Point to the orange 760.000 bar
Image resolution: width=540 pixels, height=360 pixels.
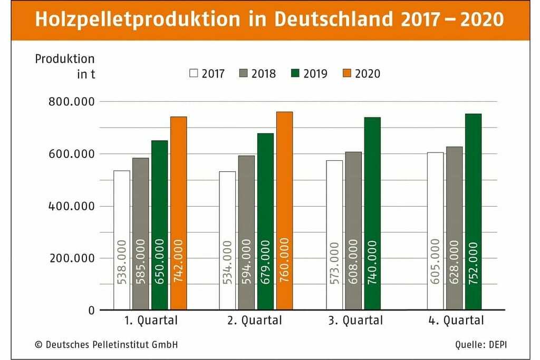(284, 211)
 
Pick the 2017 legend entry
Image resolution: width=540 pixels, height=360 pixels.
(207, 73)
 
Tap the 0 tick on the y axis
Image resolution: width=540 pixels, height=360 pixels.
(91, 310)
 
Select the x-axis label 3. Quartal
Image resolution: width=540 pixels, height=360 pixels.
(353, 320)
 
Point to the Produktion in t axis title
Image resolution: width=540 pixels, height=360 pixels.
(65, 66)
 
